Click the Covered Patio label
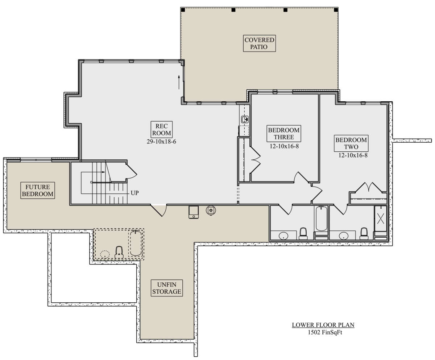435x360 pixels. pos(259,43)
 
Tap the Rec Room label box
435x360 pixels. pos(161,129)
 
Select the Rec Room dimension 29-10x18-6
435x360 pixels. pos(161,142)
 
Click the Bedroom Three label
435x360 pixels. pos(284,134)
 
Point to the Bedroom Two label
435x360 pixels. pos(351,143)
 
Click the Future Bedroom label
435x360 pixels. pos(37,190)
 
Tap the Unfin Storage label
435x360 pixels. pos(167,288)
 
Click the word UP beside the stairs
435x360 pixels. pos(134,193)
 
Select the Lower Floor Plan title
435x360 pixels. pos(323,325)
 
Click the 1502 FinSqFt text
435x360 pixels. pos(325,332)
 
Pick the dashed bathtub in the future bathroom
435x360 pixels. pos(136,243)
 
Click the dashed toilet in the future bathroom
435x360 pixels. pos(119,252)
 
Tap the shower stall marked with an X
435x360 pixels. pos(380,218)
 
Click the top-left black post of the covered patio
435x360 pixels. pos(183,10)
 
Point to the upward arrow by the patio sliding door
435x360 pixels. pos(179,82)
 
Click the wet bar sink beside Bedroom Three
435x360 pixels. pos(245,119)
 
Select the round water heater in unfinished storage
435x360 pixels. pos(211,210)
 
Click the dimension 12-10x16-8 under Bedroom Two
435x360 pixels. pos(353,155)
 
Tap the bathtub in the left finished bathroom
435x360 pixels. pos(321,218)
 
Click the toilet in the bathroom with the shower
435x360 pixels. pos(364,234)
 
